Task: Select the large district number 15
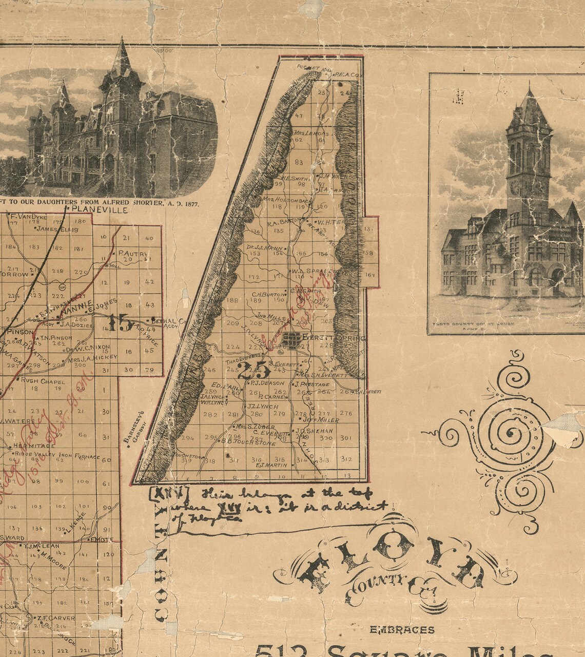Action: point(120,324)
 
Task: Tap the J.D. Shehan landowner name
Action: point(314,431)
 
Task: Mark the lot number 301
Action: point(346,438)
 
